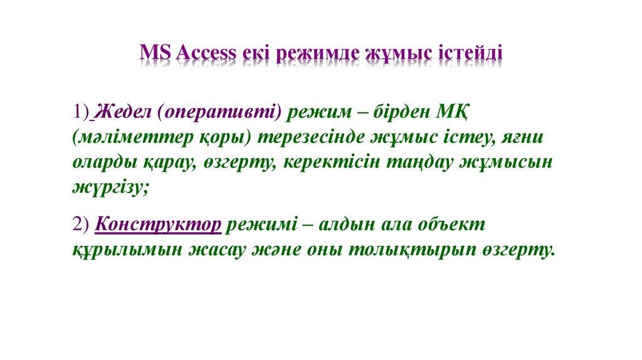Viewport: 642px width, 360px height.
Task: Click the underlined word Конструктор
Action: pyautogui.click(x=159, y=225)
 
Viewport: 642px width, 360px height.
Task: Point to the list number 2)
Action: pyautogui.click(x=81, y=225)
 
